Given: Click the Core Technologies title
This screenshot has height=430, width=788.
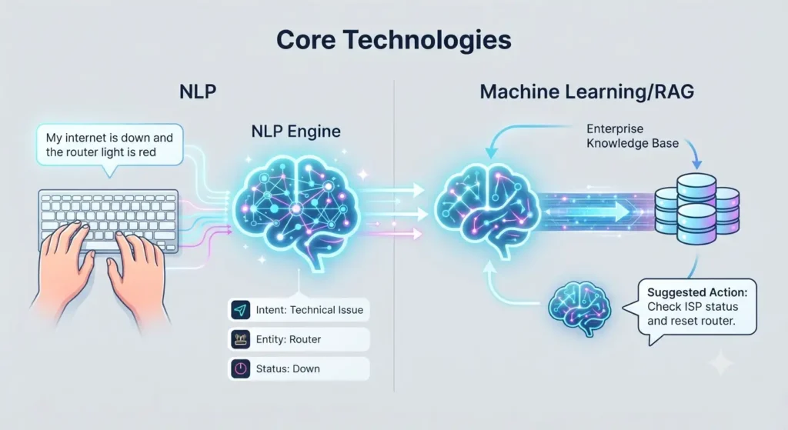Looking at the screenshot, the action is (394, 40).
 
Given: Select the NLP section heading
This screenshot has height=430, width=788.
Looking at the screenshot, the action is (198, 92).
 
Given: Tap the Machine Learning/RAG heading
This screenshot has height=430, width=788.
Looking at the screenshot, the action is (587, 92).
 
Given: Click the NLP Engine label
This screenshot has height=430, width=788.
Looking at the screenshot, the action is (296, 132).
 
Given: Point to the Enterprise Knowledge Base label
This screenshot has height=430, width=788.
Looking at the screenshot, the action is (633, 136).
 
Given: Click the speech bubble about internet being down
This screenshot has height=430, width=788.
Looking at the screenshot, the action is (109, 146).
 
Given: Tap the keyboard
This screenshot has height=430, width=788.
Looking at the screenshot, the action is (109, 219).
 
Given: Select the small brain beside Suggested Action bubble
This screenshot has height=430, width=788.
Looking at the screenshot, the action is (579, 308).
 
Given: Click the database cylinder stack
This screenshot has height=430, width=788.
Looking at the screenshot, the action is (697, 208).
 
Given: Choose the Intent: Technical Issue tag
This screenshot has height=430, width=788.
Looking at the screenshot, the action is (299, 310).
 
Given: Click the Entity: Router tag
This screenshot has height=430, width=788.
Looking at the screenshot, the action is (299, 339).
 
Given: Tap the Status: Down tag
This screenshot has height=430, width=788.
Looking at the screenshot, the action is (299, 368).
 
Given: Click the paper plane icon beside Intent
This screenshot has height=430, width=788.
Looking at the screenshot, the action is (241, 310).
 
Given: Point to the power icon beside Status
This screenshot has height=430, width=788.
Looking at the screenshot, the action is (241, 368).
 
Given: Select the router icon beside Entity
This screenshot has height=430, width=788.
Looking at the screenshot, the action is (241, 339).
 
